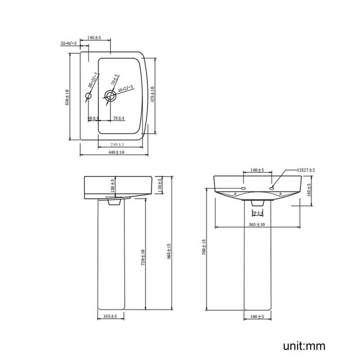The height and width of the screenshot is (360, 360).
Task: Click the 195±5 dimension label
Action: click(94, 38)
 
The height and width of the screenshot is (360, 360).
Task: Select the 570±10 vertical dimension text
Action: click(67, 97)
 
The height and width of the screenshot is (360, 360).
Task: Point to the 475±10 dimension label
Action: click(153, 94)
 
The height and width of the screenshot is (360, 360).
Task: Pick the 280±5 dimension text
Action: click(117, 144)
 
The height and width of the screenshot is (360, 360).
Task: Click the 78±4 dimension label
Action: click(119, 118)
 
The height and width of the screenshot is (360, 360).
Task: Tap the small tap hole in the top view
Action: click(89, 96)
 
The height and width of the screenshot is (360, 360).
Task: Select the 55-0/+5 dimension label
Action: click(69, 43)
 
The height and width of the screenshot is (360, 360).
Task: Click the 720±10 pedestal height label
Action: click(143, 257)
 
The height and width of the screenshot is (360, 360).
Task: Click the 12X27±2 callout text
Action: click(306, 170)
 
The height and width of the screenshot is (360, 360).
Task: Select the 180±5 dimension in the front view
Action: click(257, 170)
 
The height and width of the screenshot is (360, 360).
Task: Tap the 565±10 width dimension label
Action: click(257, 224)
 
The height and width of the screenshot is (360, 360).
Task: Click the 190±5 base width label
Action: click(257, 317)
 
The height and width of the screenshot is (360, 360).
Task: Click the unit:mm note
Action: click(304, 346)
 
